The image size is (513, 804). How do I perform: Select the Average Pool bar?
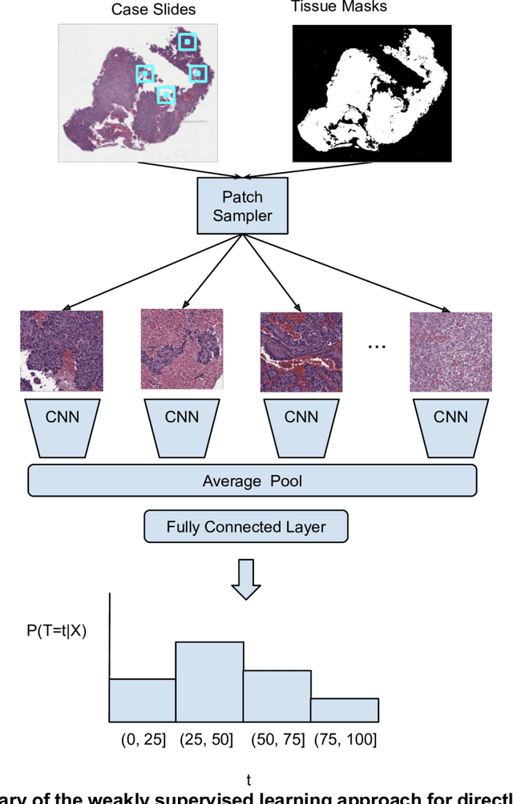[252, 480]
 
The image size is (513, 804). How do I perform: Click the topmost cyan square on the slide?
[187, 41]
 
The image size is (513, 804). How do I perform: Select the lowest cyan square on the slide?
[165, 95]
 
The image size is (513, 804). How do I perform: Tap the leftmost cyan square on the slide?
[144, 74]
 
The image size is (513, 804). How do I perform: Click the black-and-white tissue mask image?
[367, 93]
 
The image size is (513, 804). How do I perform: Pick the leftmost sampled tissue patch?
[62, 351]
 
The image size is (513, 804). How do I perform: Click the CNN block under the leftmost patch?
[62, 416]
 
